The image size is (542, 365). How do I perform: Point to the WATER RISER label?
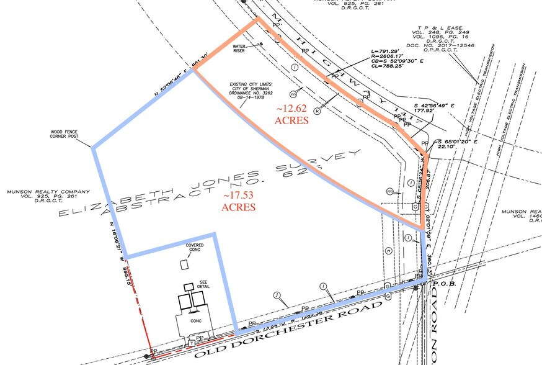[241, 48]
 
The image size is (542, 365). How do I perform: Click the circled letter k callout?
[318, 112]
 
